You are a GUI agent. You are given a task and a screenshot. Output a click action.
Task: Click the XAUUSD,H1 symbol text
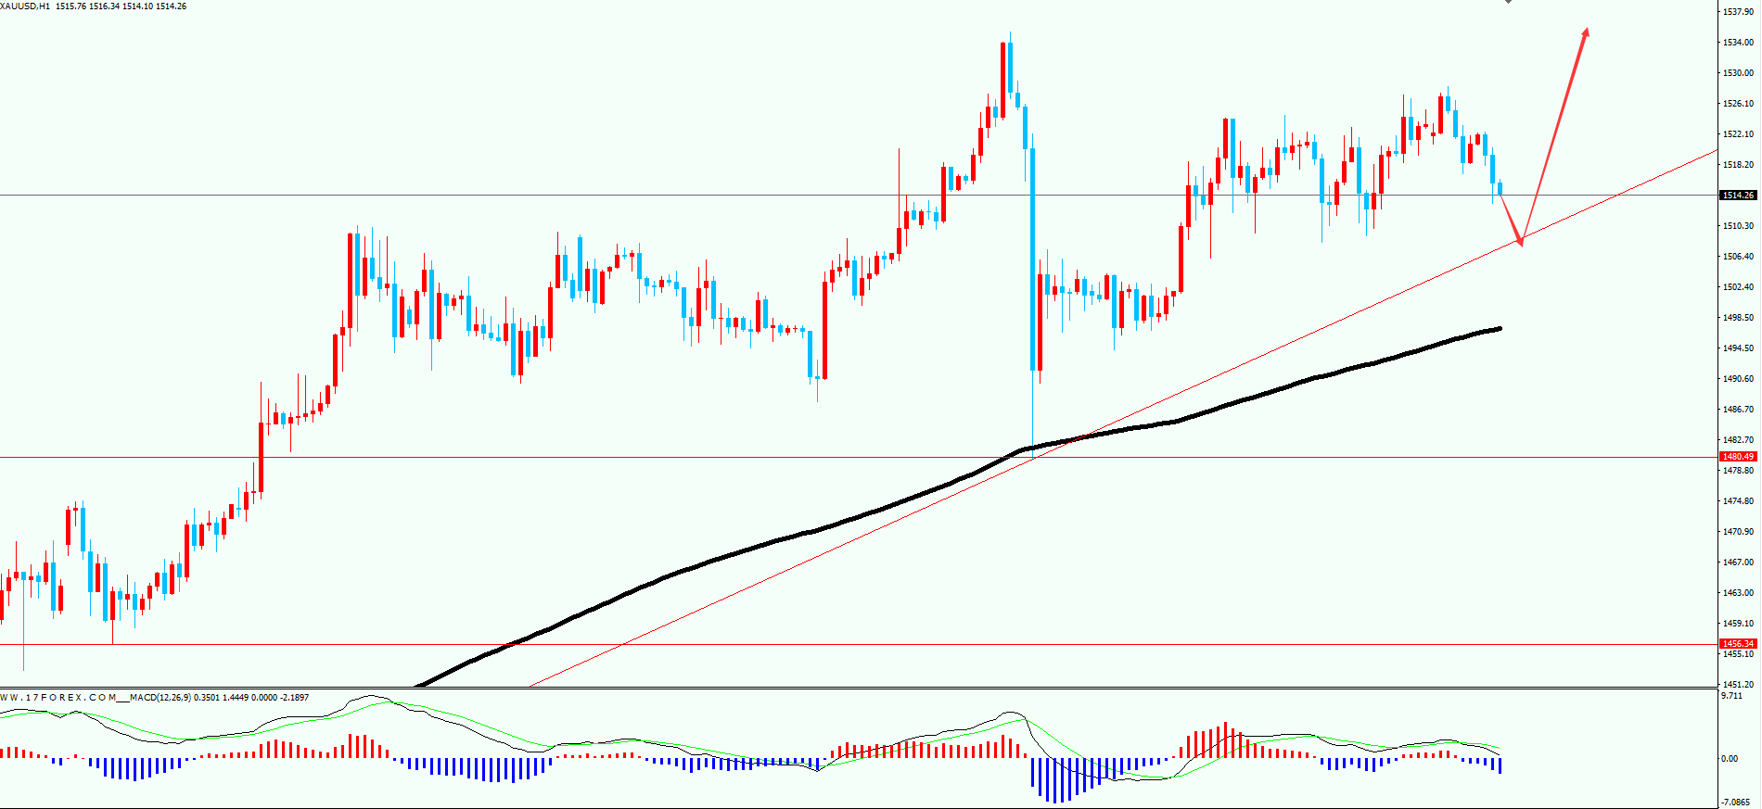(26, 6)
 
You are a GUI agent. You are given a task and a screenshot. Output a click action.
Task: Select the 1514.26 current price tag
(1738, 196)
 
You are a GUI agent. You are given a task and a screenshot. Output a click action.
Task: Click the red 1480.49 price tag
(1738, 457)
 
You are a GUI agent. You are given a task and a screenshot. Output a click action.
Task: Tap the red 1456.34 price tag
(1738, 644)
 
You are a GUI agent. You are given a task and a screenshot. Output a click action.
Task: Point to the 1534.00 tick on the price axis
(1738, 43)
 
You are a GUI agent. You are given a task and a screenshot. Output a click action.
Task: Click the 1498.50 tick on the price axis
(1738, 318)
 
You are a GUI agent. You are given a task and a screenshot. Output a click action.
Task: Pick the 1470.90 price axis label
(1738, 532)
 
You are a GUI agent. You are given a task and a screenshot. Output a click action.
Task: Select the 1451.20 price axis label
(1738, 685)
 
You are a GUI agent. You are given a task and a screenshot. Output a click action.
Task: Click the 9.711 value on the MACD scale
(1731, 696)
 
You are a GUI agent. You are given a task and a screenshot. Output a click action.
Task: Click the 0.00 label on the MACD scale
(1730, 759)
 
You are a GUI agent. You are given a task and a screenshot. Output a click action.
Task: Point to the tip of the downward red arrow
(1521, 244)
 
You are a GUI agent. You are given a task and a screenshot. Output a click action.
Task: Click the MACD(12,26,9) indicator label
(160, 698)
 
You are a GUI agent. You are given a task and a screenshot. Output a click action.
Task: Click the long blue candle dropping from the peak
(1032, 259)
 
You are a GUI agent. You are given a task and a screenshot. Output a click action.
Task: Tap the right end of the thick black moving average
(1499, 328)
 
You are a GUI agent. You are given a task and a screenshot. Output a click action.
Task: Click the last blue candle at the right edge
(1500, 188)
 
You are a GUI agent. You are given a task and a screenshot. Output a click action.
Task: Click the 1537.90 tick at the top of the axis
(1738, 12)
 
